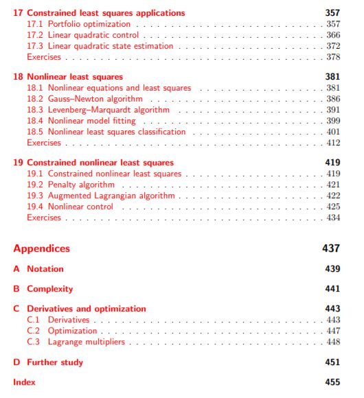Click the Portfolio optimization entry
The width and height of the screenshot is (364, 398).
[89, 24]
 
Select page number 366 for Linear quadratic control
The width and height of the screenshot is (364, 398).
[333, 35]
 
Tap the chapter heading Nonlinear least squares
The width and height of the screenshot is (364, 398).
[75, 77]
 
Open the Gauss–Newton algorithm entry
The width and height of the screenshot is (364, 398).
[95, 99]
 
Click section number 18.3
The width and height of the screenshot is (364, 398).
[35, 110]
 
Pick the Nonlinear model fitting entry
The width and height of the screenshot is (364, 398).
[92, 121]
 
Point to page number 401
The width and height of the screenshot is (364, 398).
[333, 132]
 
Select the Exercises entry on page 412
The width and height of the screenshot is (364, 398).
[44, 143]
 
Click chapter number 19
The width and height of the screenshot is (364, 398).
[18, 163]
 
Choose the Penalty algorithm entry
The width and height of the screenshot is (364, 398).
[81, 185]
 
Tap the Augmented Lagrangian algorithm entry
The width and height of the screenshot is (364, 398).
[111, 196]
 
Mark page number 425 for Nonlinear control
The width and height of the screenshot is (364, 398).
[333, 207]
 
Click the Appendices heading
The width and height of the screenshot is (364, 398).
[41, 248]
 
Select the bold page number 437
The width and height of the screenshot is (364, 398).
[331, 248]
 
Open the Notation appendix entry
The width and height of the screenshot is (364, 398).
[45, 269]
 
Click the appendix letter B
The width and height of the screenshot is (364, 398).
[16, 289]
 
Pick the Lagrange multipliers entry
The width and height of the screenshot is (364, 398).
[87, 342]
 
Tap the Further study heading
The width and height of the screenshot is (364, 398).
[55, 362]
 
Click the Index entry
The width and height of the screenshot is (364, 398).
[24, 382]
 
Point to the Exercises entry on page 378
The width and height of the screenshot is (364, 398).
[44, 57]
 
